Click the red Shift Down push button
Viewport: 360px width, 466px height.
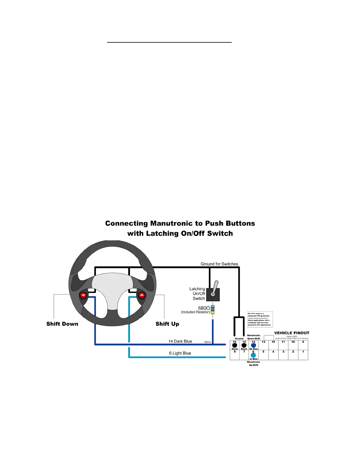(x=83, y=295)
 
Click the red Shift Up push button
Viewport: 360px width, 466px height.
(x=142, y=295)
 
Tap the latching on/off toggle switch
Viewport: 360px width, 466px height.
(x=213, y=294)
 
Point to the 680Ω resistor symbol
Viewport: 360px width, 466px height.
(x=213, y=309)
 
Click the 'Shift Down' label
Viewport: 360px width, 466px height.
(x=62, y=324)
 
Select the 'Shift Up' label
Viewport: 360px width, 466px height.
(x=167, y=324)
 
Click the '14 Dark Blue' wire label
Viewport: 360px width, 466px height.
(x=180, y=341)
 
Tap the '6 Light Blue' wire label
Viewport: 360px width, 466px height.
(x=180, y=353)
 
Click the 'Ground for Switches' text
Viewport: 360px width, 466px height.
(x=219, y=264)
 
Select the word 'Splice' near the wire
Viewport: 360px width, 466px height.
(x=208, y=342)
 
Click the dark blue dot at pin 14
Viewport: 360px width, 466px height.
(x=254, y=345)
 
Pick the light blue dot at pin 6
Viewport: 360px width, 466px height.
(x=253, y=355)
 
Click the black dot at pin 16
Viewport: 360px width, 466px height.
(x=235, y=345)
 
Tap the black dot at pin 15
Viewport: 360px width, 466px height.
(x=244, y=345)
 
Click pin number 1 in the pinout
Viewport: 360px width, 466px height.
(x=303, y=352)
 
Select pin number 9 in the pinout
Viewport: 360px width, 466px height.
(x=303, y=342)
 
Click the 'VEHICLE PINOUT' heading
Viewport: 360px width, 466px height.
(x=292, y=333)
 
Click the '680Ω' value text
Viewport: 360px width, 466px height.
(x=204, y=308)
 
